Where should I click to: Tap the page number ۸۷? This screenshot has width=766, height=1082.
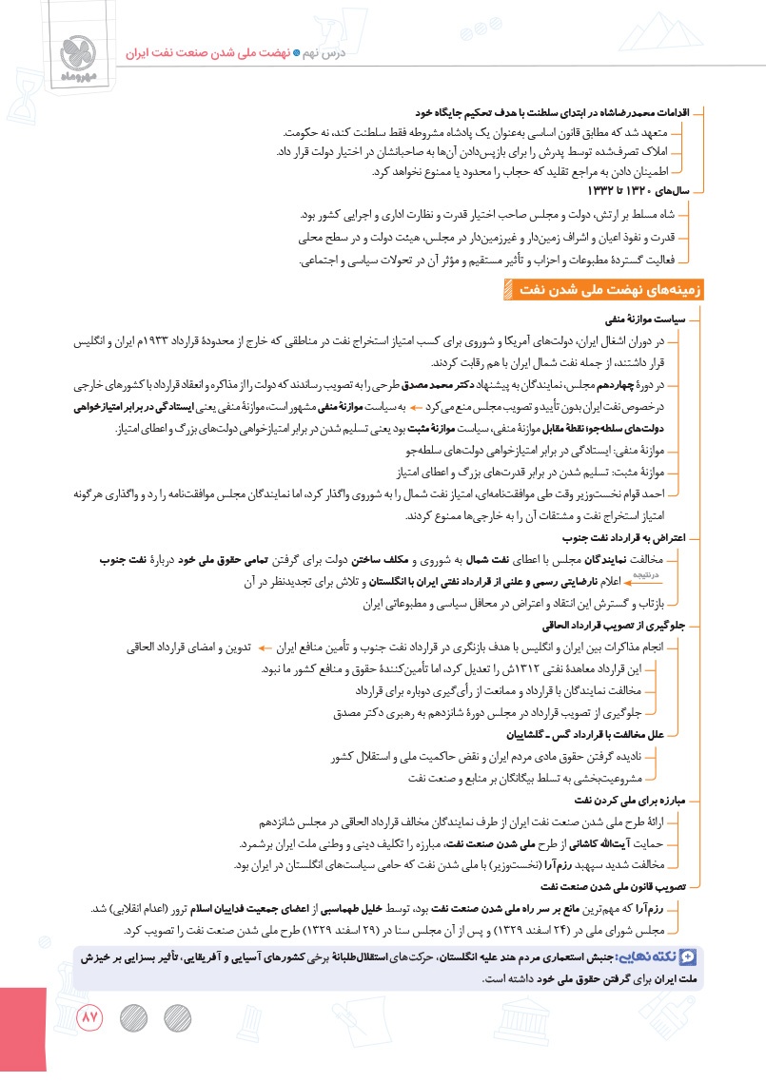point(88,1017)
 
